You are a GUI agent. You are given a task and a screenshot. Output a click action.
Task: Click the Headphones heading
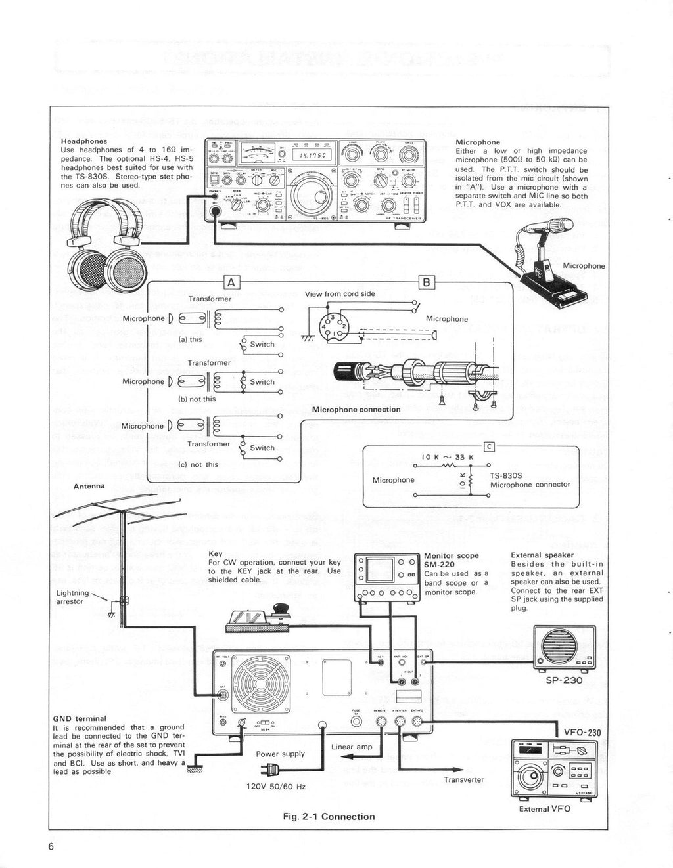click(x=83, y=141)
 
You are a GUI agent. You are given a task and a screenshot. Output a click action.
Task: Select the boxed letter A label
click(x=231, y=283)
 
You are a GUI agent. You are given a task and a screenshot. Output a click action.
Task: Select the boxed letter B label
click(x=426, y=283)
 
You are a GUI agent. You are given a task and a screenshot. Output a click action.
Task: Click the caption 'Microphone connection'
click(x=356, y=410)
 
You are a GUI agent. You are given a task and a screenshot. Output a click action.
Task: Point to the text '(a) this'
click(x=191, y=339)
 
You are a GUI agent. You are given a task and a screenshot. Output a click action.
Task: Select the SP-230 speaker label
click(x=564, y=680)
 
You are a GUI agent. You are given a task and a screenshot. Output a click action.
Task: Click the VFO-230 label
click(x=582, y=733)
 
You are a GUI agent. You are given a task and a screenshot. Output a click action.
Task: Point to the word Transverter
click(x=463, y=779)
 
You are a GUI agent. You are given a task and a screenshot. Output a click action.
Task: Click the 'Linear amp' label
click(x=352, y=747)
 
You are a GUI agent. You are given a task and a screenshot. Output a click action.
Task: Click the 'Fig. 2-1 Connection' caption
click(x=329, y=817)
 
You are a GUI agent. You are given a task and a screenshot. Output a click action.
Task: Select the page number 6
click(x=51, y=846)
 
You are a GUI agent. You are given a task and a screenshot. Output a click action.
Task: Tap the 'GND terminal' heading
click(x=80, y=718)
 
